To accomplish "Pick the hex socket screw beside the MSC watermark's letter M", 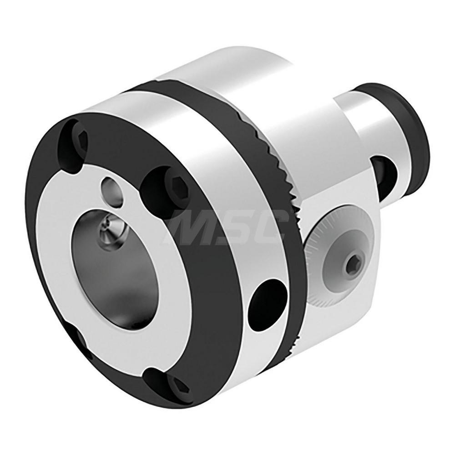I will [160, 185].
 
